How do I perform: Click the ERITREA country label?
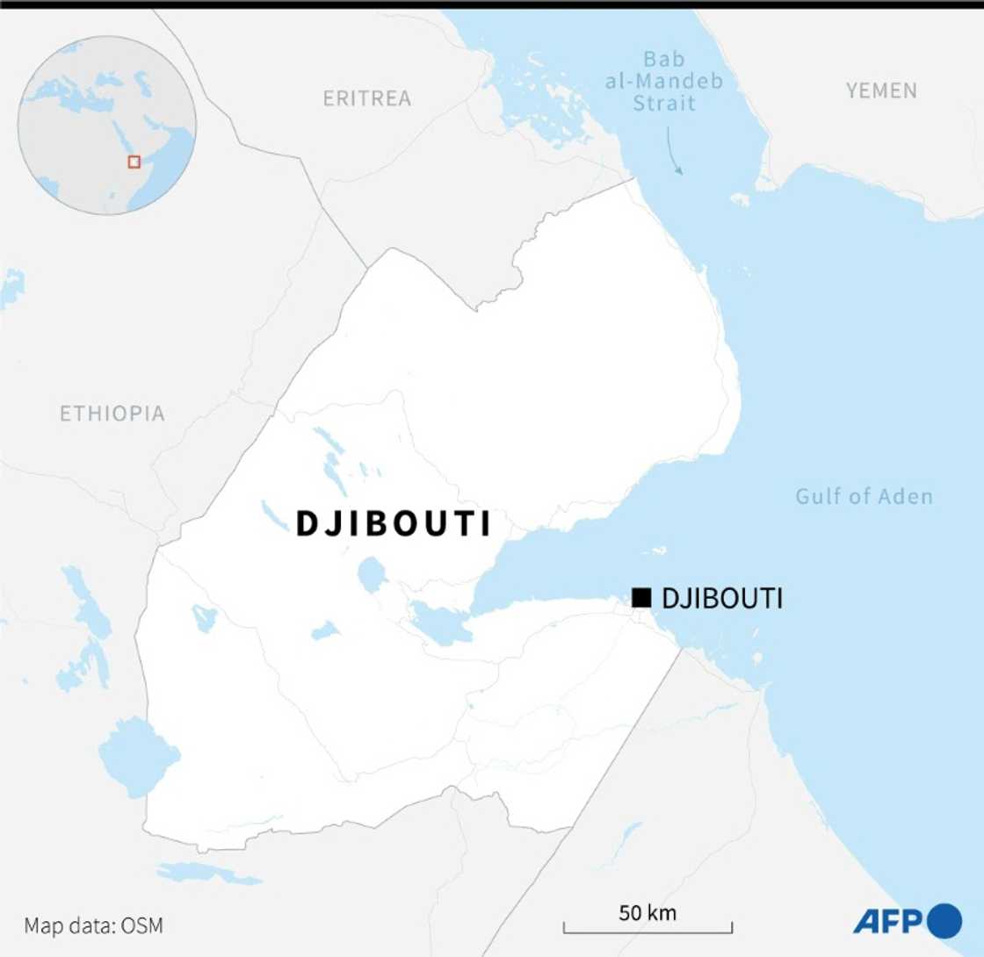click(366, 98)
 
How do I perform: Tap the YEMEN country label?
click(881, 90)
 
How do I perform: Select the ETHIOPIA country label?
click(112, 414)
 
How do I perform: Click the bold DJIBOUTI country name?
click(393, 524)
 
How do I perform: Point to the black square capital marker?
click(641, 598)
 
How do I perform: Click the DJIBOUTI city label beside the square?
click(721, 599)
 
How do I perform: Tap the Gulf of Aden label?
click(864, 497)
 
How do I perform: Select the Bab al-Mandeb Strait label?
click(669, 83)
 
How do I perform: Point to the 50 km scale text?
click(648, 912)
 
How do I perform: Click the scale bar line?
click(648, 930)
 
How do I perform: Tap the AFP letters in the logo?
click(888, 920)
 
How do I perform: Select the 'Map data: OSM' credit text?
click(94, 925)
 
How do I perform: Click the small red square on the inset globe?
click(134, 162)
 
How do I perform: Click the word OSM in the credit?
click(144, 925)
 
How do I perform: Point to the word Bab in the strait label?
click(664, 61)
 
